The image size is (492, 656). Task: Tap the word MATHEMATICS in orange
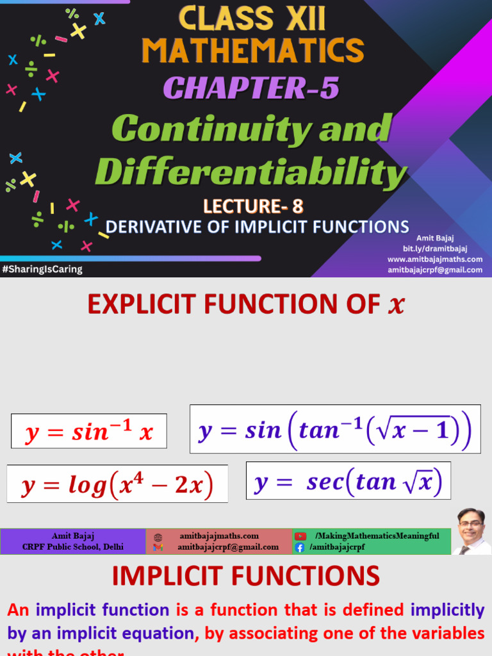point(252,51)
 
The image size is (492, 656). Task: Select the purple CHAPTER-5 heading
point(251,88)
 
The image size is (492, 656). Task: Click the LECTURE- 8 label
point(253,206)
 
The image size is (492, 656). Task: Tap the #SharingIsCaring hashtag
point(42,269)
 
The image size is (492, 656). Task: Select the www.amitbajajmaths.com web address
point(435,259)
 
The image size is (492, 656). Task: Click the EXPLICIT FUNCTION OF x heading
point(246,305)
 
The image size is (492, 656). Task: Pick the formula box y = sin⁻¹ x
point(89,431)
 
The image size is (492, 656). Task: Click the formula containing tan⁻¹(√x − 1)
point(335,429)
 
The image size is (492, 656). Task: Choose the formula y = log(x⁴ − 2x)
point(117,484)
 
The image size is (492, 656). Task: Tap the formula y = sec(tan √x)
point(348,480)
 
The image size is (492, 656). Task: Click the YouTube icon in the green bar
point(300,536)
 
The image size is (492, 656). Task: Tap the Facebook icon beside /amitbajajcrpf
point(300,547)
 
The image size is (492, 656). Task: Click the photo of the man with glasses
point(471,532)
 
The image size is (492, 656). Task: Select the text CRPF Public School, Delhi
point(72,547)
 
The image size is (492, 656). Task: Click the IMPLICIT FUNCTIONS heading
point(246,576)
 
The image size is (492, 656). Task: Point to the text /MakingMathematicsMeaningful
point(377,536)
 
